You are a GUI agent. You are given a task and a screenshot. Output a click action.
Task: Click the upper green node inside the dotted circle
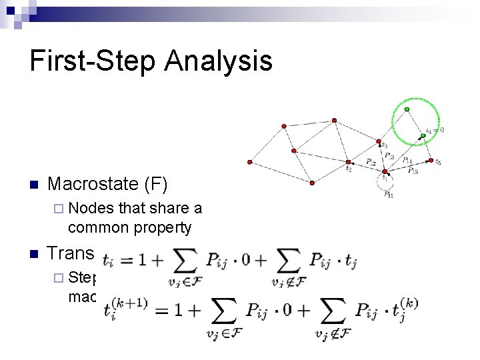pos(407,109)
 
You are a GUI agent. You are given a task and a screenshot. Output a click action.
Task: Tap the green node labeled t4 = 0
pos(423,136)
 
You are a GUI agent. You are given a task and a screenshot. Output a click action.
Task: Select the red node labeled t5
pos(431,160)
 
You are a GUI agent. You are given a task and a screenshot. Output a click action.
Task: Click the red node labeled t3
pos(378,142)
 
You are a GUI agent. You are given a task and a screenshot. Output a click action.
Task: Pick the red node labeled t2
pos(348,162)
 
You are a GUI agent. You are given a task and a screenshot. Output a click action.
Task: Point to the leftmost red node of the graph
pos(249,161)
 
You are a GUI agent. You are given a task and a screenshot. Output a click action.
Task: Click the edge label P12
pos(371,163)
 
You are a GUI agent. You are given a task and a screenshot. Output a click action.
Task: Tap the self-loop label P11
pos(387,194)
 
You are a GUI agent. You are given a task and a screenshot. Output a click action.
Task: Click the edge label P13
pos(389,156)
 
